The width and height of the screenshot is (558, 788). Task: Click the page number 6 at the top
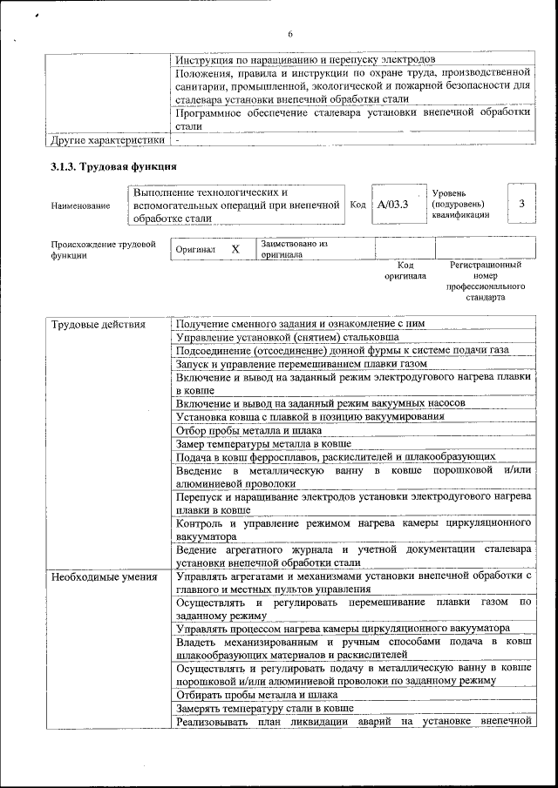point(290,34)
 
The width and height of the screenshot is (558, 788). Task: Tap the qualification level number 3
point(521,204)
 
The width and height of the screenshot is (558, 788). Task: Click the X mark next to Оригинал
point(235,249)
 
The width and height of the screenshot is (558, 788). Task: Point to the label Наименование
point(81,205)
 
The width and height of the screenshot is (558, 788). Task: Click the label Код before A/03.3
point(357,205)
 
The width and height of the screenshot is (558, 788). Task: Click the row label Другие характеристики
point(107,139)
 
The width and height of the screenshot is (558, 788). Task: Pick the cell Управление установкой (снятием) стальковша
point(288,337)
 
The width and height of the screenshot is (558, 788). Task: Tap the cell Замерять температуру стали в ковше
point(264,708)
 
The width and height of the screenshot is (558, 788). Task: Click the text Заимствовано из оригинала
point(294,249)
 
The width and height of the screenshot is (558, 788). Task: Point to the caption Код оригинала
point(405,270)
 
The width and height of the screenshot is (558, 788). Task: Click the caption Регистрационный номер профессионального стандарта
point(486,280)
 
